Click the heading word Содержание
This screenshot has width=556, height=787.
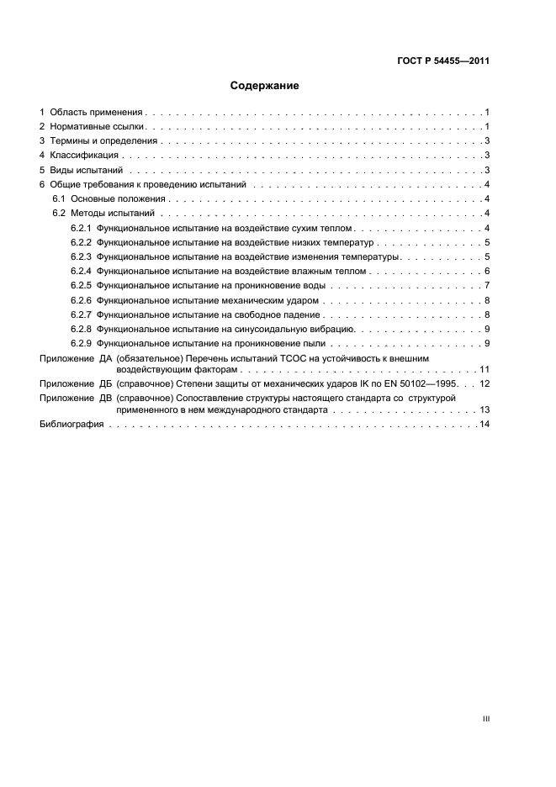(x=264, y=86)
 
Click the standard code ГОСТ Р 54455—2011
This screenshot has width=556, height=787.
(x=443, y=61)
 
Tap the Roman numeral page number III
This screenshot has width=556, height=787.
(x=485, y=719)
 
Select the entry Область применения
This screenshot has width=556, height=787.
(x=97, y=112)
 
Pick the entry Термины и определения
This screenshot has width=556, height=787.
(x=104, y=141)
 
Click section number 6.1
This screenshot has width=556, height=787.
(x=59, y=199)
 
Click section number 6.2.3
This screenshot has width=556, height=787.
(x=81, y=257)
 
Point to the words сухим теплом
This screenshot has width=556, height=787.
(x=326, y=229)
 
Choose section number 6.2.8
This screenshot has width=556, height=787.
(x=81, y=330)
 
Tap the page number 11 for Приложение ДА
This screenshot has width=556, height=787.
(x=485, y=369)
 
